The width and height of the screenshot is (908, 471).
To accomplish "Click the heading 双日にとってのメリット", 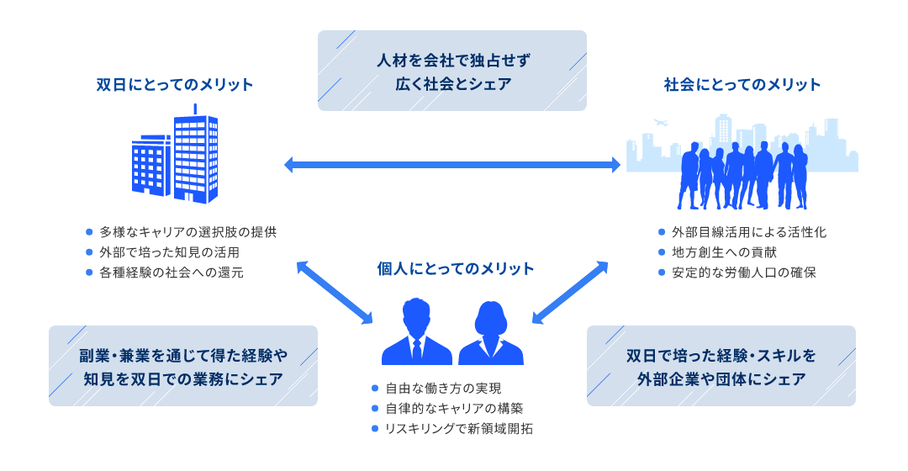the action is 174,85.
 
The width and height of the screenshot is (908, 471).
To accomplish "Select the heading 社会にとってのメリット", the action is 742,85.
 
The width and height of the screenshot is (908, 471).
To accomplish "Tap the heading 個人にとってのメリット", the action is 455,269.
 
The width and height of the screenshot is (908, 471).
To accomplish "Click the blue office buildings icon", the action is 175,154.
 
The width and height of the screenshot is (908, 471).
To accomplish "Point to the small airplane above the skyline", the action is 660,123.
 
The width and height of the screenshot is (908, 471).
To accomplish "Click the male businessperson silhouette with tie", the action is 416,331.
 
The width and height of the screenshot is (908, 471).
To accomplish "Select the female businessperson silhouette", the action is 491,332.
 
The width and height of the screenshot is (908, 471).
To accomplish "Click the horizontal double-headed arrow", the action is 452,165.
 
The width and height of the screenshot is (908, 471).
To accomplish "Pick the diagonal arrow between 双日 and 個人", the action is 335,293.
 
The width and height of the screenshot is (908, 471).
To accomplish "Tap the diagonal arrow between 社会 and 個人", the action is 570,293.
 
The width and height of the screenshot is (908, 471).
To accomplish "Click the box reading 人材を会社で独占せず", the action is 452,71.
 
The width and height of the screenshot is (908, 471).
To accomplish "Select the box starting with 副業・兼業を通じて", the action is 183,366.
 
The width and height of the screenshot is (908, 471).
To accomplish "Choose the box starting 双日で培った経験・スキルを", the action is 721,366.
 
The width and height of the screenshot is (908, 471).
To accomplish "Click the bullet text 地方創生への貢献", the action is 724,252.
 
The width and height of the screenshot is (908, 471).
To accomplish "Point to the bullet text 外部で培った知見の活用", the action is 169,252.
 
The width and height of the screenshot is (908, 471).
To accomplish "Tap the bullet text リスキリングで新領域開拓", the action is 459,429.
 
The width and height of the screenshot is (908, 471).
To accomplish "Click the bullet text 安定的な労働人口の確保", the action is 743,273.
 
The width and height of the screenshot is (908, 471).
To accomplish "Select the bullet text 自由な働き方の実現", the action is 443,389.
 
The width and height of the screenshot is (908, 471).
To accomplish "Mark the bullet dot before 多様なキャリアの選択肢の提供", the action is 89,232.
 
